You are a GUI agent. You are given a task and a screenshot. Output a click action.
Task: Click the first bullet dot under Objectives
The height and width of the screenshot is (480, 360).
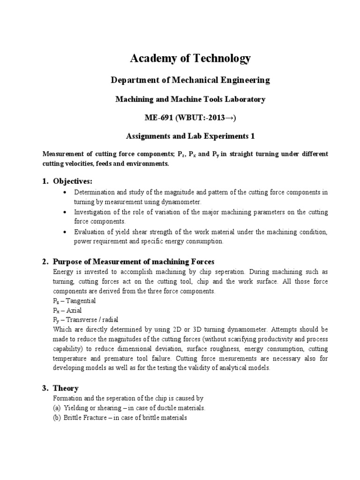(x=64, y=193)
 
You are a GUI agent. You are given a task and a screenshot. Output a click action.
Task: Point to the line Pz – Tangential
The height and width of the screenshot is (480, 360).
(x=74, y=300)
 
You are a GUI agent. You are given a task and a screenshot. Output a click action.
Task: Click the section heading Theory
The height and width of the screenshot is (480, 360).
(x=66, y=388)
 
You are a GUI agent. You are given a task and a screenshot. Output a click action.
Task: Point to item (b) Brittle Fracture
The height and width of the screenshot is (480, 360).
(x=120, y=418)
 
